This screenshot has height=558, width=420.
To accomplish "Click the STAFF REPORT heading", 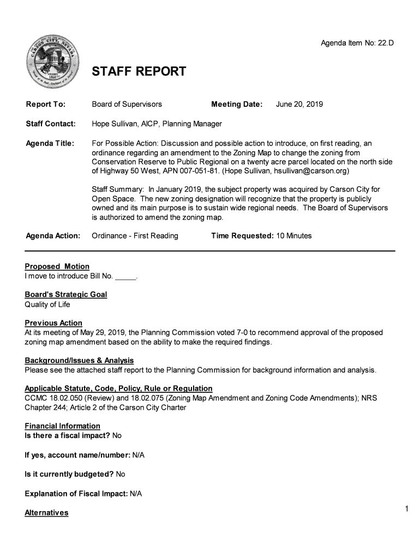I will tap(139, 72).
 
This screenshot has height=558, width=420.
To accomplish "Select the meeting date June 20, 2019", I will tap(299, 104).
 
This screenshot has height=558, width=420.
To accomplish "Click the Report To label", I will tap(46, 104).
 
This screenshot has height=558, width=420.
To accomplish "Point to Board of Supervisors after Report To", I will tap(127, 104).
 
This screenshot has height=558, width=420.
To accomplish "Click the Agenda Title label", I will tap(50, 143).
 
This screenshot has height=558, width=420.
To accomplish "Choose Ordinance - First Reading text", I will tap(135, 236).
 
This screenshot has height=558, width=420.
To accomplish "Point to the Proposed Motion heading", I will tap(57, 266).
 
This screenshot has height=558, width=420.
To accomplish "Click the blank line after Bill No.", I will tap(126, 276).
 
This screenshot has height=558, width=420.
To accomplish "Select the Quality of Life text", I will tap(47, 305).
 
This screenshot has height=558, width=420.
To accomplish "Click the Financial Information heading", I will tap(62, 426).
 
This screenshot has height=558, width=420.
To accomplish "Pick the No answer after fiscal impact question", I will tap(117, 435).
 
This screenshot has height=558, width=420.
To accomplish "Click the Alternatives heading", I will tap(46, 513).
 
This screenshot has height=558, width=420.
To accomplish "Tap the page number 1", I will tap(407, 509).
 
